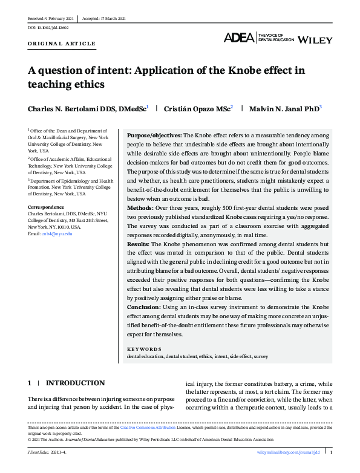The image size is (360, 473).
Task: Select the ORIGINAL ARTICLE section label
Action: coord(61,44)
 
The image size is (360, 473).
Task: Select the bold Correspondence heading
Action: coord(46,207)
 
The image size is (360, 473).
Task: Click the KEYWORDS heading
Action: coord(144,349)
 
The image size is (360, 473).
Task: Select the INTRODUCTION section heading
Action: coord(75,383)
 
